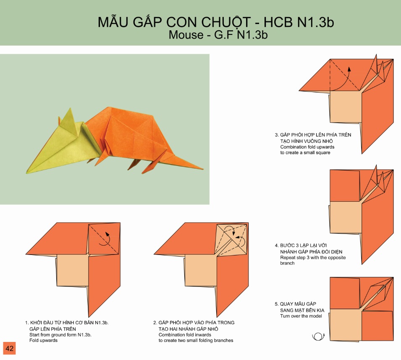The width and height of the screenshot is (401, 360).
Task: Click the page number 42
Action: [10, 348]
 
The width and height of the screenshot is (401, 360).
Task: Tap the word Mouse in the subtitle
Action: [186, 35]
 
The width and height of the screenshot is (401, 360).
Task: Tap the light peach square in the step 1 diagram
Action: [73, 271]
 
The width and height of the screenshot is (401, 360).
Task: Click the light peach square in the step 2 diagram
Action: [201, 271]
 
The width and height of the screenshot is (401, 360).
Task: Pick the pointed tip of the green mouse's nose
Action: [26, 173]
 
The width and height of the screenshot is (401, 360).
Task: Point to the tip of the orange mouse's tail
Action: [203, 169]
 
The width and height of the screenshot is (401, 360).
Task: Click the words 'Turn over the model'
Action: [301, 316]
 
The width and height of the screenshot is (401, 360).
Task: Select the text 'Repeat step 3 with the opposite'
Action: [313, 258]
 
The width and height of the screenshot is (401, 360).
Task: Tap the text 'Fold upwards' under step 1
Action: [44, 340]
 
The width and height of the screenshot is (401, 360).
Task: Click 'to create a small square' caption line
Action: [305, 152]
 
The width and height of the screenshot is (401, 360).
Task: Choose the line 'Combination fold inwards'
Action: [185, 335]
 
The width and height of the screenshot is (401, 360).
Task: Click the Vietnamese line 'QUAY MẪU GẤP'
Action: [298, 304]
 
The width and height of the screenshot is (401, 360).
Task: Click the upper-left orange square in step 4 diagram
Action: [345, 186]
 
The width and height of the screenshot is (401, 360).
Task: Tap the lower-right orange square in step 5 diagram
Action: [377, 326]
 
